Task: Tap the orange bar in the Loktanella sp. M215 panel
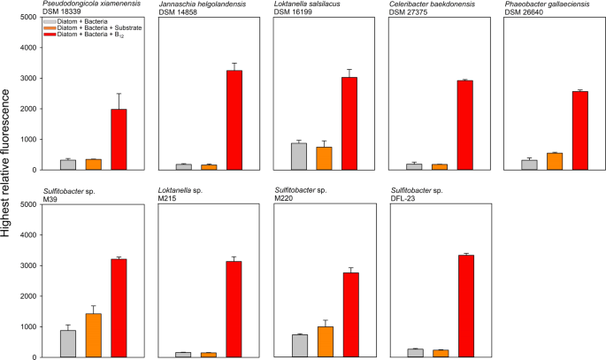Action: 209,355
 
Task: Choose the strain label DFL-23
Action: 403,199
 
